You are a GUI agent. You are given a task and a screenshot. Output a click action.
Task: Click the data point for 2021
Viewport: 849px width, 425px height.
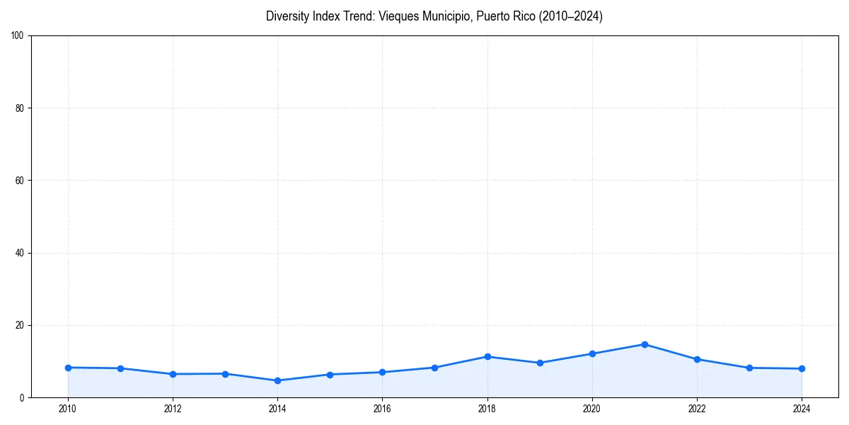tap(645, 344)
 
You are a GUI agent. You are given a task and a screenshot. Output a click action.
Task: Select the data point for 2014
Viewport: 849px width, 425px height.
tap(277, 380)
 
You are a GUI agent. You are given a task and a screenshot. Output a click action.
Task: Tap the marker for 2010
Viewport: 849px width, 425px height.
tap(68, 368)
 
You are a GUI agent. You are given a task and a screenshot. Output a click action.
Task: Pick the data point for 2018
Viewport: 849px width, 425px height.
tap(487, 356)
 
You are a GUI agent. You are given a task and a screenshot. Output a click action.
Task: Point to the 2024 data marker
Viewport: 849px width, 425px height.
tap(802, 368)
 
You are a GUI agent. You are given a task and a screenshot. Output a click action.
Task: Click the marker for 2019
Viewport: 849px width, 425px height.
tap(540, 363)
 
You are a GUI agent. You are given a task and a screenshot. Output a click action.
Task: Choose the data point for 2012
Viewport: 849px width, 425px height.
tap(173, 374)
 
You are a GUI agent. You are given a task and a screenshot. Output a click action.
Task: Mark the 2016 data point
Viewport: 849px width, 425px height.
tap(382, 372)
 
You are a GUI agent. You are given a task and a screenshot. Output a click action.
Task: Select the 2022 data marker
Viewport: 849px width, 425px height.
tap(697, 359)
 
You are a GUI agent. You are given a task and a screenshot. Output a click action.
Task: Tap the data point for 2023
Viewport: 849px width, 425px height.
tap(749, 368)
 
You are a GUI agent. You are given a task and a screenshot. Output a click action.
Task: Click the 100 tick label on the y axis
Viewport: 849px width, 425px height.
tap(18, 35)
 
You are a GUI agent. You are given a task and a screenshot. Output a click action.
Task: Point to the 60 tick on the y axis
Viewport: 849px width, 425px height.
tap(20, 181)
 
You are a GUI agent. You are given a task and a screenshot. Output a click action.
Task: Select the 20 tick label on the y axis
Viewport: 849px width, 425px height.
tap(20, 325)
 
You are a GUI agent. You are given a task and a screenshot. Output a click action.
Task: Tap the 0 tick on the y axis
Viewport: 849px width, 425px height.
tap(22, 398)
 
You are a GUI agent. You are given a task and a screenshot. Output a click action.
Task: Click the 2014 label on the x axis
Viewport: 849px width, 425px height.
tap(277, 409)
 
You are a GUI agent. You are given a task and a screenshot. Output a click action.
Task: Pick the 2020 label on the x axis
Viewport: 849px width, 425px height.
tap(592, 409)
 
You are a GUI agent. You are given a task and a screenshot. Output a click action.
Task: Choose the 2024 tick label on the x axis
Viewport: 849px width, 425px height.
tap(802, 409)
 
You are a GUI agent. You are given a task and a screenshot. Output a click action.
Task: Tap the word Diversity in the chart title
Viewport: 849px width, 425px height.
tap(287, 16)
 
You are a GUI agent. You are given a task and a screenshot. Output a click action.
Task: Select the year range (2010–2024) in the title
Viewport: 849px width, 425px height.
tap(571, 16)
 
